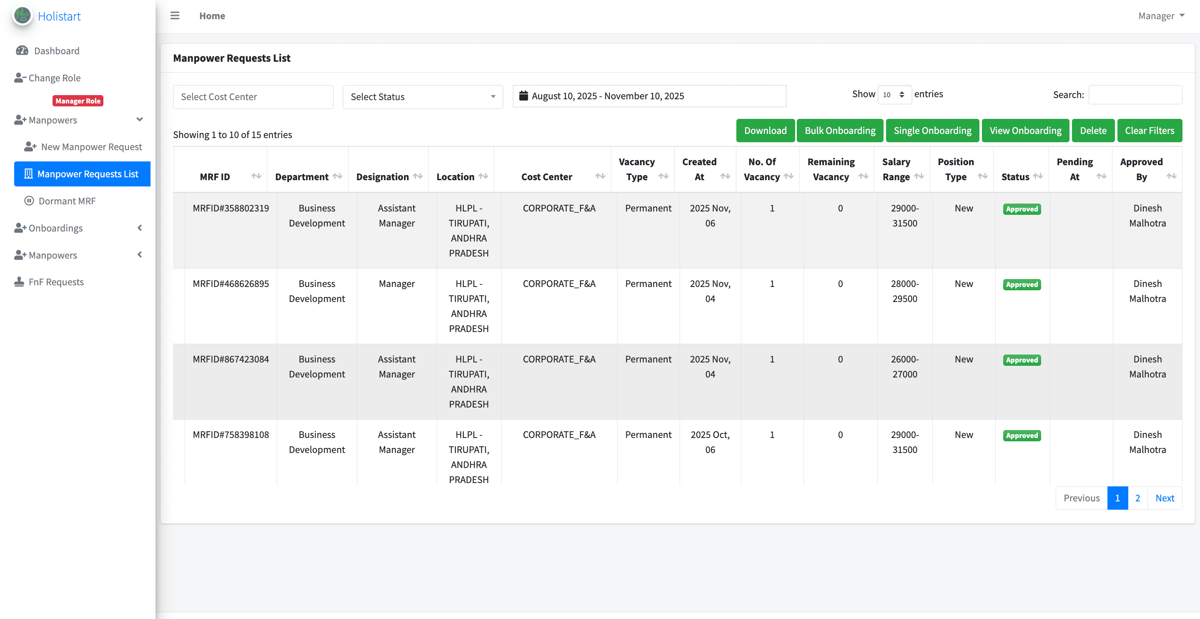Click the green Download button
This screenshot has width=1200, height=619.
pos(765,131)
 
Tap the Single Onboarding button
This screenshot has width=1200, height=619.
pos(932,131)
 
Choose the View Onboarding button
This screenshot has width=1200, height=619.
pos(1025,131)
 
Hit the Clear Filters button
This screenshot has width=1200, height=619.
pos(1149,131)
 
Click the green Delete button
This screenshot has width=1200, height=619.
pos(1093,131)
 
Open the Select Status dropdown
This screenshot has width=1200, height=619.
pos(422,97)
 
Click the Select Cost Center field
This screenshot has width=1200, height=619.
pos(253,97)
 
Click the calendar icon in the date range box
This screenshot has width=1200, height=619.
pos(524,96)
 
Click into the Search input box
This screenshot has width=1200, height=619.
pos(1135,95)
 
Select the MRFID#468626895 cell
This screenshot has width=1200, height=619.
pos(231,284)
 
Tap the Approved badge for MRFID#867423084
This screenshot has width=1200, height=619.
pos(1022,360)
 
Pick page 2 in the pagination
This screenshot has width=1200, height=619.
pos(1137,498)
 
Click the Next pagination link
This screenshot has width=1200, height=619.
pos(1165,498)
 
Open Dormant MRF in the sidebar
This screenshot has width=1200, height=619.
pos(67,201)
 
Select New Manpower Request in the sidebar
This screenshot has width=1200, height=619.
pos(91,147)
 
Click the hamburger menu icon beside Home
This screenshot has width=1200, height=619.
pos(175,16)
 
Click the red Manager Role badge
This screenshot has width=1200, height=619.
pos(78,101)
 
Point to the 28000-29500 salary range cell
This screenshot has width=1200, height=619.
pos(904,291)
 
